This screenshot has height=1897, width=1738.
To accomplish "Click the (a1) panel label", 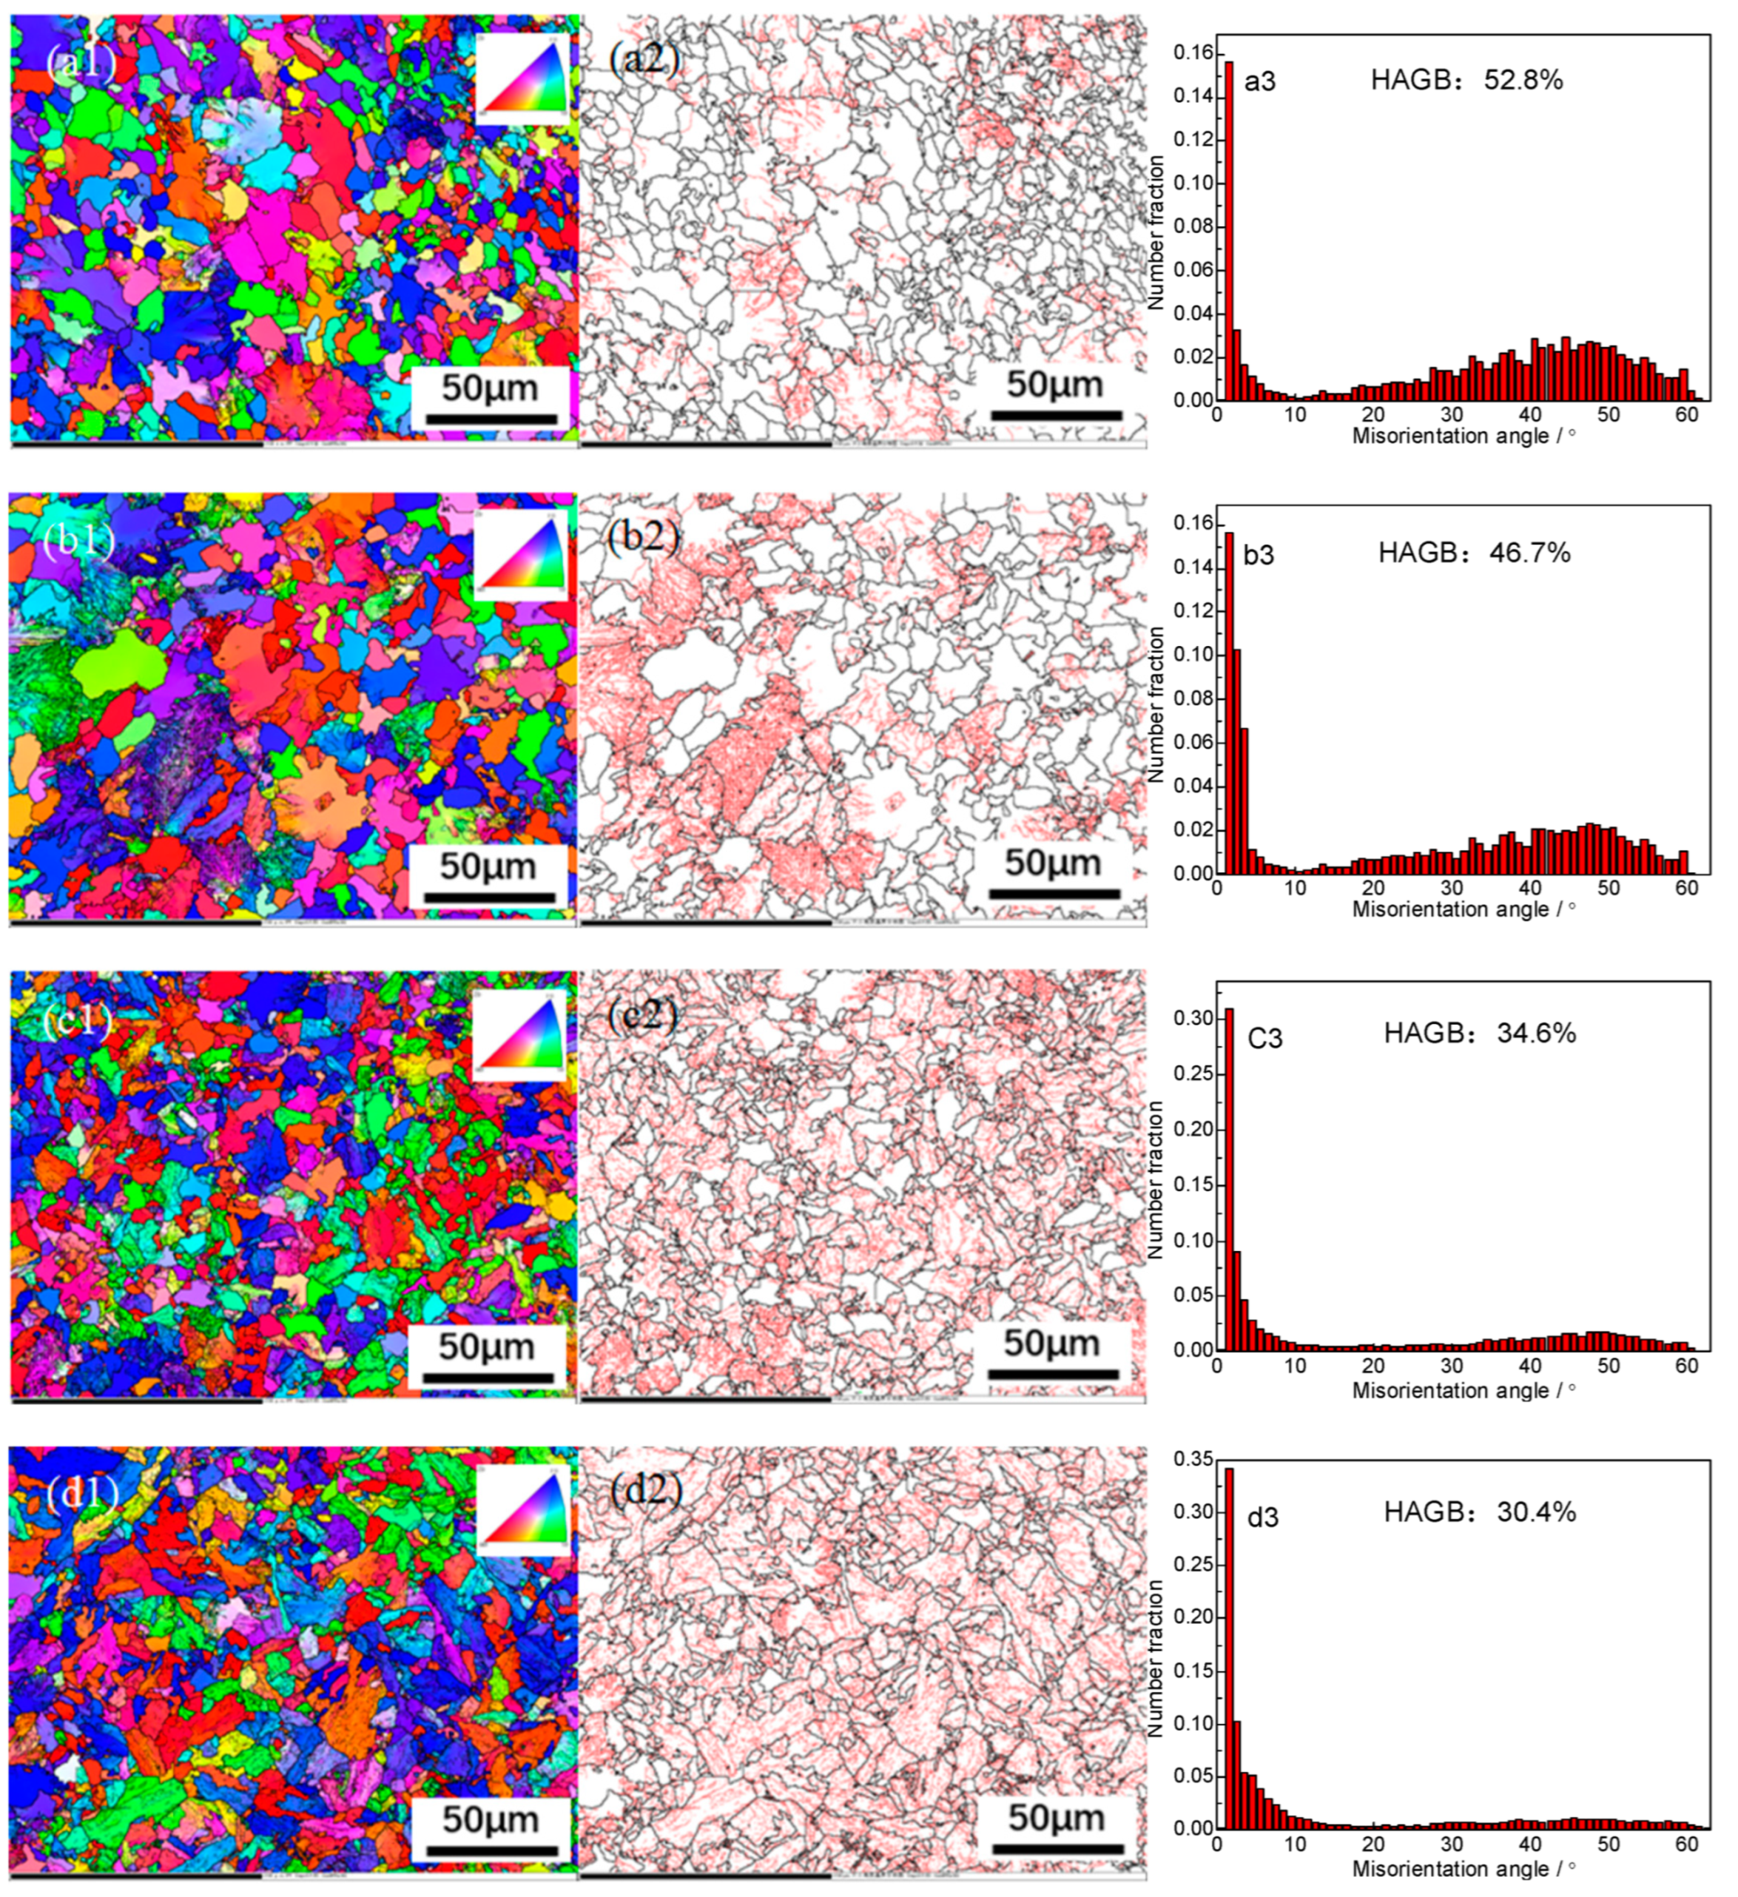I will [81, 64].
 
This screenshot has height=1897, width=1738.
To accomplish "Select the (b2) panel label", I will [644, 536].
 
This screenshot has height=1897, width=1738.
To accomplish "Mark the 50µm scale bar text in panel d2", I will [1056, 1818].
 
